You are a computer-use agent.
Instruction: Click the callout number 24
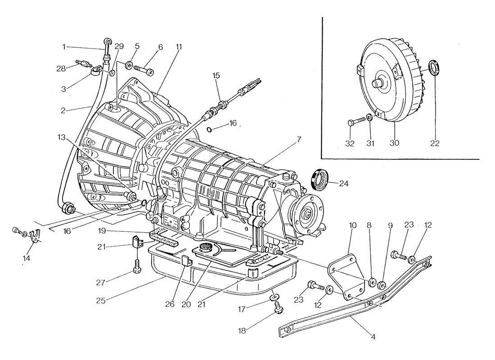click(343, 183)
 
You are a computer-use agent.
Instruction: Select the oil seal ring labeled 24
click(320, 180)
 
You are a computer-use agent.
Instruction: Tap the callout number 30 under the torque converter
click(394, 143)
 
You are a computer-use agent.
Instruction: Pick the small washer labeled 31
click(369, 117)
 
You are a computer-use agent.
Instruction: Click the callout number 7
click(299, 139)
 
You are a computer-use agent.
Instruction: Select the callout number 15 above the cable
click(216, 76)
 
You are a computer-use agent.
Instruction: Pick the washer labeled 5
click(129, 65)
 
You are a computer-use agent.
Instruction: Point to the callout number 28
click(61, 68)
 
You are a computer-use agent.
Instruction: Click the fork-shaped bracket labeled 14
click(33, 237)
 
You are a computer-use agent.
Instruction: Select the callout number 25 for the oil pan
click(100, 301)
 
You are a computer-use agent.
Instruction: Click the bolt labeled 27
click(137, 265)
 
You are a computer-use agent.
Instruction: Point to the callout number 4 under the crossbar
click(373, 337)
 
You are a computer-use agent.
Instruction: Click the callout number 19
click(101, 230)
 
